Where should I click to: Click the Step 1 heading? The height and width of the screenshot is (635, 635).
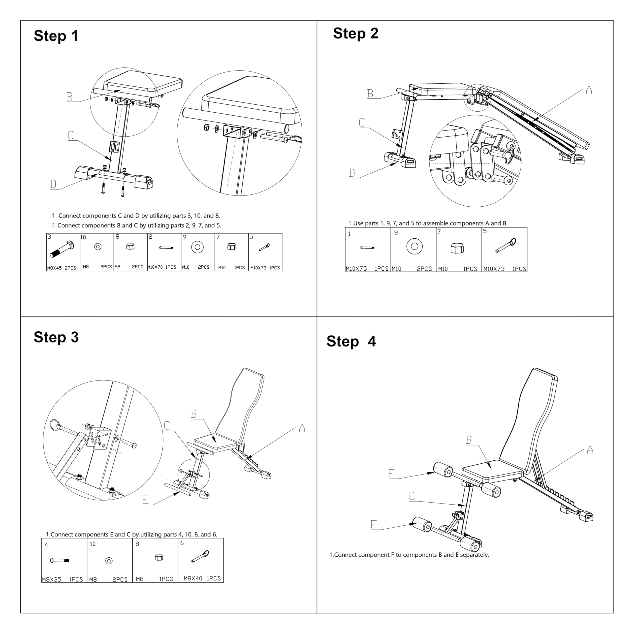[x=56, y=36]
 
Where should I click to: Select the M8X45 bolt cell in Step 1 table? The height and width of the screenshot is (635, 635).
[x=63, y=252]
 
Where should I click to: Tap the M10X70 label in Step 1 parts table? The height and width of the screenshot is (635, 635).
[x=155, y=267]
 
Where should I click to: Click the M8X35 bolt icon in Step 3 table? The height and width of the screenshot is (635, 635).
[x=60, y=560]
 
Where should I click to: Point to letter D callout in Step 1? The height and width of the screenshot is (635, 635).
[x=53, y=184]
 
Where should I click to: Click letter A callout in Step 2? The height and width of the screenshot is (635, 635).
[x=589, y=90]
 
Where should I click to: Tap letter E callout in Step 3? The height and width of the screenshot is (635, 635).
[x=146, y=500]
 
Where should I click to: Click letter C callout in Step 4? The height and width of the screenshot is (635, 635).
[x=412, y=496]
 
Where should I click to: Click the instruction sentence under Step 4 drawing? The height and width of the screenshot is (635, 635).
[x=409, y=554]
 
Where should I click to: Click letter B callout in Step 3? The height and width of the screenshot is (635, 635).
[x=193, y=414]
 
